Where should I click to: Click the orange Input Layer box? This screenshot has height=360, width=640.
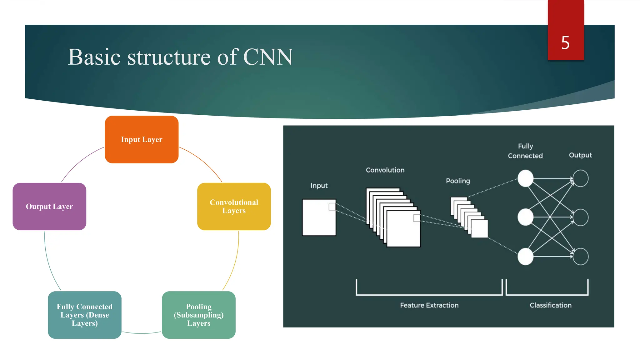(142, 139)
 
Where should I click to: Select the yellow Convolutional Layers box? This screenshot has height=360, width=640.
(234, 207)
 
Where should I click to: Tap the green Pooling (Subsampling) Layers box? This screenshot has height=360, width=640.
(199, 315)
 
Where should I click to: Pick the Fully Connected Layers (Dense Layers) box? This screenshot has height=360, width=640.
(84, 315)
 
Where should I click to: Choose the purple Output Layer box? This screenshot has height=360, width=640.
(49, 207)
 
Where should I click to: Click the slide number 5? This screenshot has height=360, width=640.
(565, 42)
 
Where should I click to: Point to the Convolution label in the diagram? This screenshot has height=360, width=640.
(385, 170)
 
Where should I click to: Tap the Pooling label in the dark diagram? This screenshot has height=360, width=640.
(458, 181)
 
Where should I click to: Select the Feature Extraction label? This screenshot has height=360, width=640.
(429, 305)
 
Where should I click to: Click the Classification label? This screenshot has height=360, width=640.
(550, 305)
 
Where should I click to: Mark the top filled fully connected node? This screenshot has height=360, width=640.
(525, 178)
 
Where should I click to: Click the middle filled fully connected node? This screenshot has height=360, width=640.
(525, 217)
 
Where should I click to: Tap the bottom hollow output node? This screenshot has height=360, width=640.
(581, 257)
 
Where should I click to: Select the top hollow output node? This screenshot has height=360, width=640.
(581, 178)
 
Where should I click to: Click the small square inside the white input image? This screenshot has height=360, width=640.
(332, 207)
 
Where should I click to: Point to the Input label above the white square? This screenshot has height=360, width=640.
(319, 186)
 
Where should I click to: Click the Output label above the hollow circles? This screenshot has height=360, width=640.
(580, 155)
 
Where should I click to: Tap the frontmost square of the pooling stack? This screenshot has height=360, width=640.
(479, 229)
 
